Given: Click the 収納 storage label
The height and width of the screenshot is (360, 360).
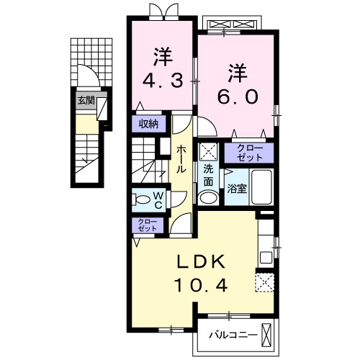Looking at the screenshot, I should [149, 124].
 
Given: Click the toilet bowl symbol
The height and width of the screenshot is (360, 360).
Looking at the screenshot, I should [143, 199].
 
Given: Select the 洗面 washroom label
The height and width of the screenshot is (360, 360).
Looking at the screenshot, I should [208, 174].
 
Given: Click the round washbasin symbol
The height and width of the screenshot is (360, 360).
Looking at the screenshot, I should [208, 198].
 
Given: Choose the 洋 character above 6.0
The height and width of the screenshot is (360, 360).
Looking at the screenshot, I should [238, 73].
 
